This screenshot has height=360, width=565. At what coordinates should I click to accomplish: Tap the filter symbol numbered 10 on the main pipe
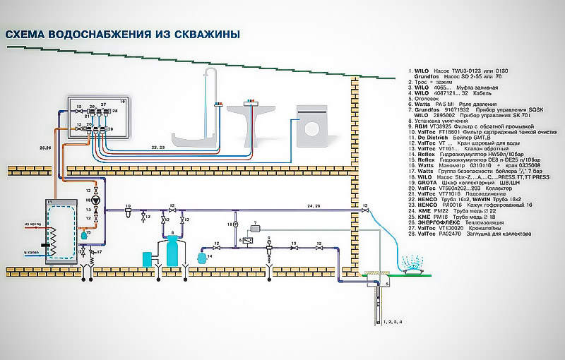(128, 212)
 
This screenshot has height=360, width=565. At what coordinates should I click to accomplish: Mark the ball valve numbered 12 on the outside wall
(364, 212)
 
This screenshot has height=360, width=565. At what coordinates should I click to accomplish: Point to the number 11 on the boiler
(49, 202)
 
